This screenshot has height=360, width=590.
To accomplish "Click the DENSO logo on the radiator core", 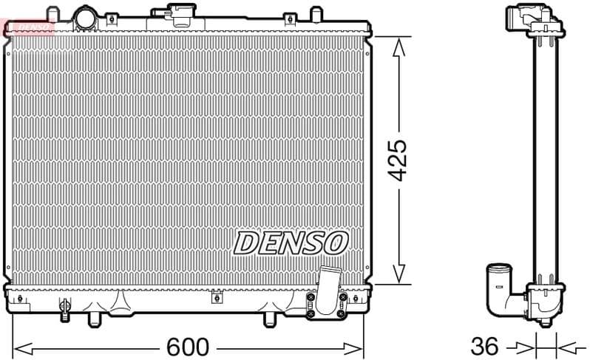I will tap(291, 242).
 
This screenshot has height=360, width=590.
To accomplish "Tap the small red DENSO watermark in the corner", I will tap(28, 27).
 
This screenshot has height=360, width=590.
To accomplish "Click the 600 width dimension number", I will tap(188, 346).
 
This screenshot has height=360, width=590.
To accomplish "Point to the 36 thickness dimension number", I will tap(486, 346).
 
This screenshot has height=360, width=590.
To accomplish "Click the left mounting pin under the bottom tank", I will tap(93, 319).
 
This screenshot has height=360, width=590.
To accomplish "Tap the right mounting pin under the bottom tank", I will tap(271, 319).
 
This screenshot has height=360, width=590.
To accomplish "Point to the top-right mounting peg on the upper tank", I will tap(316, 14).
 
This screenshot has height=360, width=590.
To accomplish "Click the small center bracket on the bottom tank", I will tap(217, 298).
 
